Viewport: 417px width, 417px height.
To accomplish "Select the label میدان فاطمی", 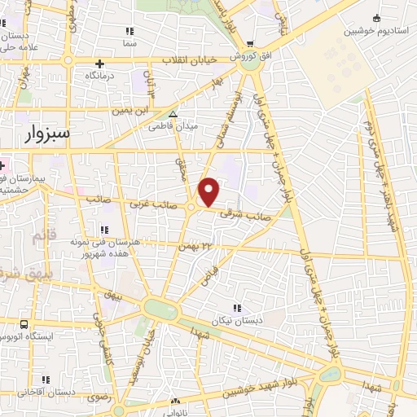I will (168, 126).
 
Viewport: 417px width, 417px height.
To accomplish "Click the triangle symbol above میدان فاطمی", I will (173, 114).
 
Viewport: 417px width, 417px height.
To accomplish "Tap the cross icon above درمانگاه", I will (99, 64).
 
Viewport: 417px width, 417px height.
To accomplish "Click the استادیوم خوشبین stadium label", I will (375, 31).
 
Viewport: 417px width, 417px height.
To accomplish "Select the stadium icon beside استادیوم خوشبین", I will (375, 18).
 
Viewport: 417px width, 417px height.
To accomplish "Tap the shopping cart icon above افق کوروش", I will (248, 45).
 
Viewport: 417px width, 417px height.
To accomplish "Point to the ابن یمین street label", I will (133, 108).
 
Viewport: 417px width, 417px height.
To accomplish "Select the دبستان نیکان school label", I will (236, 320).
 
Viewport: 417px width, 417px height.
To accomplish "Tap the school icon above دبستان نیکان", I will (236, 308).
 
